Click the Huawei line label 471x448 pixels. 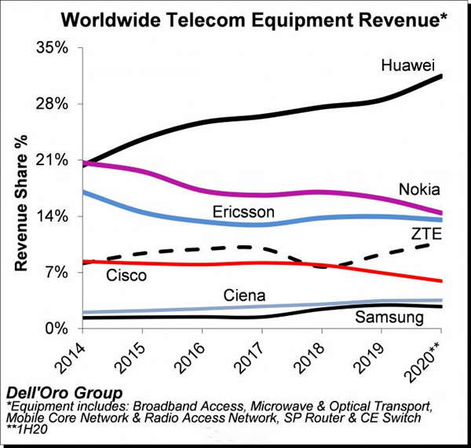[407, 64]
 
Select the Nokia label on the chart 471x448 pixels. [418, 189]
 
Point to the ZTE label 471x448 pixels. [426, 233]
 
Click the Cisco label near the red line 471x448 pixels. [125, 275]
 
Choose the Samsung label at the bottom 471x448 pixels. [389, 318]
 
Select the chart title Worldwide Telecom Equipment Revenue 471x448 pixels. [237, 18]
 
